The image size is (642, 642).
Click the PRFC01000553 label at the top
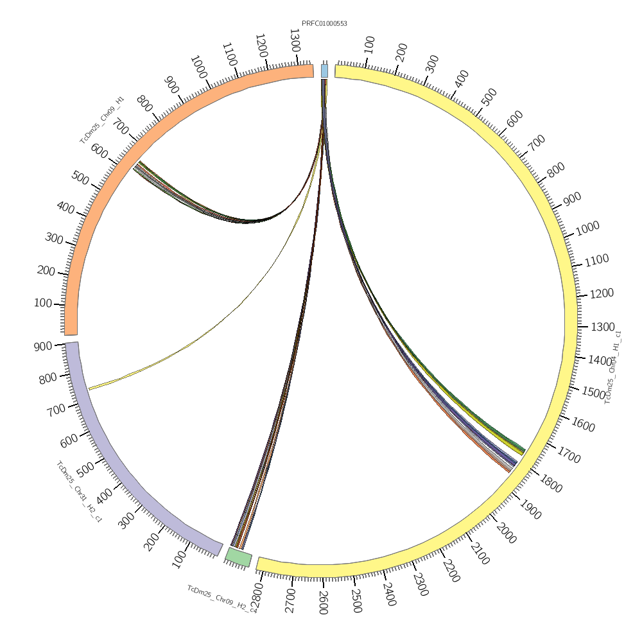tap(324, 24)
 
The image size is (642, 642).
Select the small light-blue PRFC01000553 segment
tap(324, 71)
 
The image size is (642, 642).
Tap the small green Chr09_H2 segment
tap(238, 557)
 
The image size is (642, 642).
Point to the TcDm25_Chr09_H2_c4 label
tap(221, 599)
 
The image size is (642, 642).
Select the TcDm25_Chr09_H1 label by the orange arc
tap(102, 120)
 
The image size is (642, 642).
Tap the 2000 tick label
tap(506, 533)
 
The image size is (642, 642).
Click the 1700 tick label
tap(569, 457)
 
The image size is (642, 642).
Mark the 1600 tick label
tap(584, 425)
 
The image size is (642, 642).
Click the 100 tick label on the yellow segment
tap(369, 44)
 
